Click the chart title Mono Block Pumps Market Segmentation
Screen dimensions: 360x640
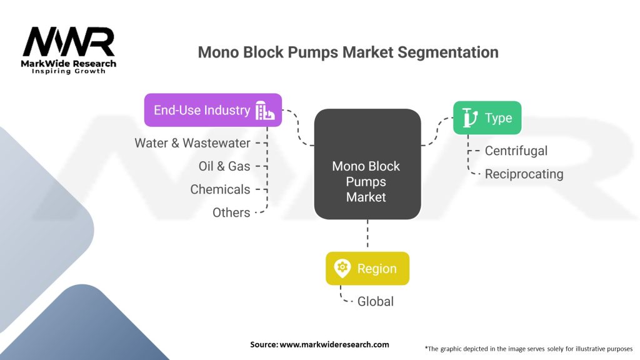coord(347,52)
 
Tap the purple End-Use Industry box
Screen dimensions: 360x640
coord(212,110)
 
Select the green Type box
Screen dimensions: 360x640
coord(487,117)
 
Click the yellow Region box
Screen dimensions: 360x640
coord(367,269)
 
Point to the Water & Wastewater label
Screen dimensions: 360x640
coord(192,143)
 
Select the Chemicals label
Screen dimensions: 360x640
coord(220,189)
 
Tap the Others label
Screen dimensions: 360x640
coord(231,212)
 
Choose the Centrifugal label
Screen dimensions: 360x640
coord(516,151)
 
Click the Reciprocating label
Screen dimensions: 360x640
coord(524,174)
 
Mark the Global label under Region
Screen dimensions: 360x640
coord(375,301)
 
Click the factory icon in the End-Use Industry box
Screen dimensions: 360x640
coord(264,111)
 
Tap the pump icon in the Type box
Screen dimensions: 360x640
coord(469,117)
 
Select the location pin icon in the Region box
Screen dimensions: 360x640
coord(342,269)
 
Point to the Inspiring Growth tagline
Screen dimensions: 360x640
coord(69,71)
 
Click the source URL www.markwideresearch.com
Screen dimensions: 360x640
coord(319,344)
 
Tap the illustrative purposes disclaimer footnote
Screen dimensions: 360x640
coord(528,348)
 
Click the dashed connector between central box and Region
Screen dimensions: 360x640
coord(367,236)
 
